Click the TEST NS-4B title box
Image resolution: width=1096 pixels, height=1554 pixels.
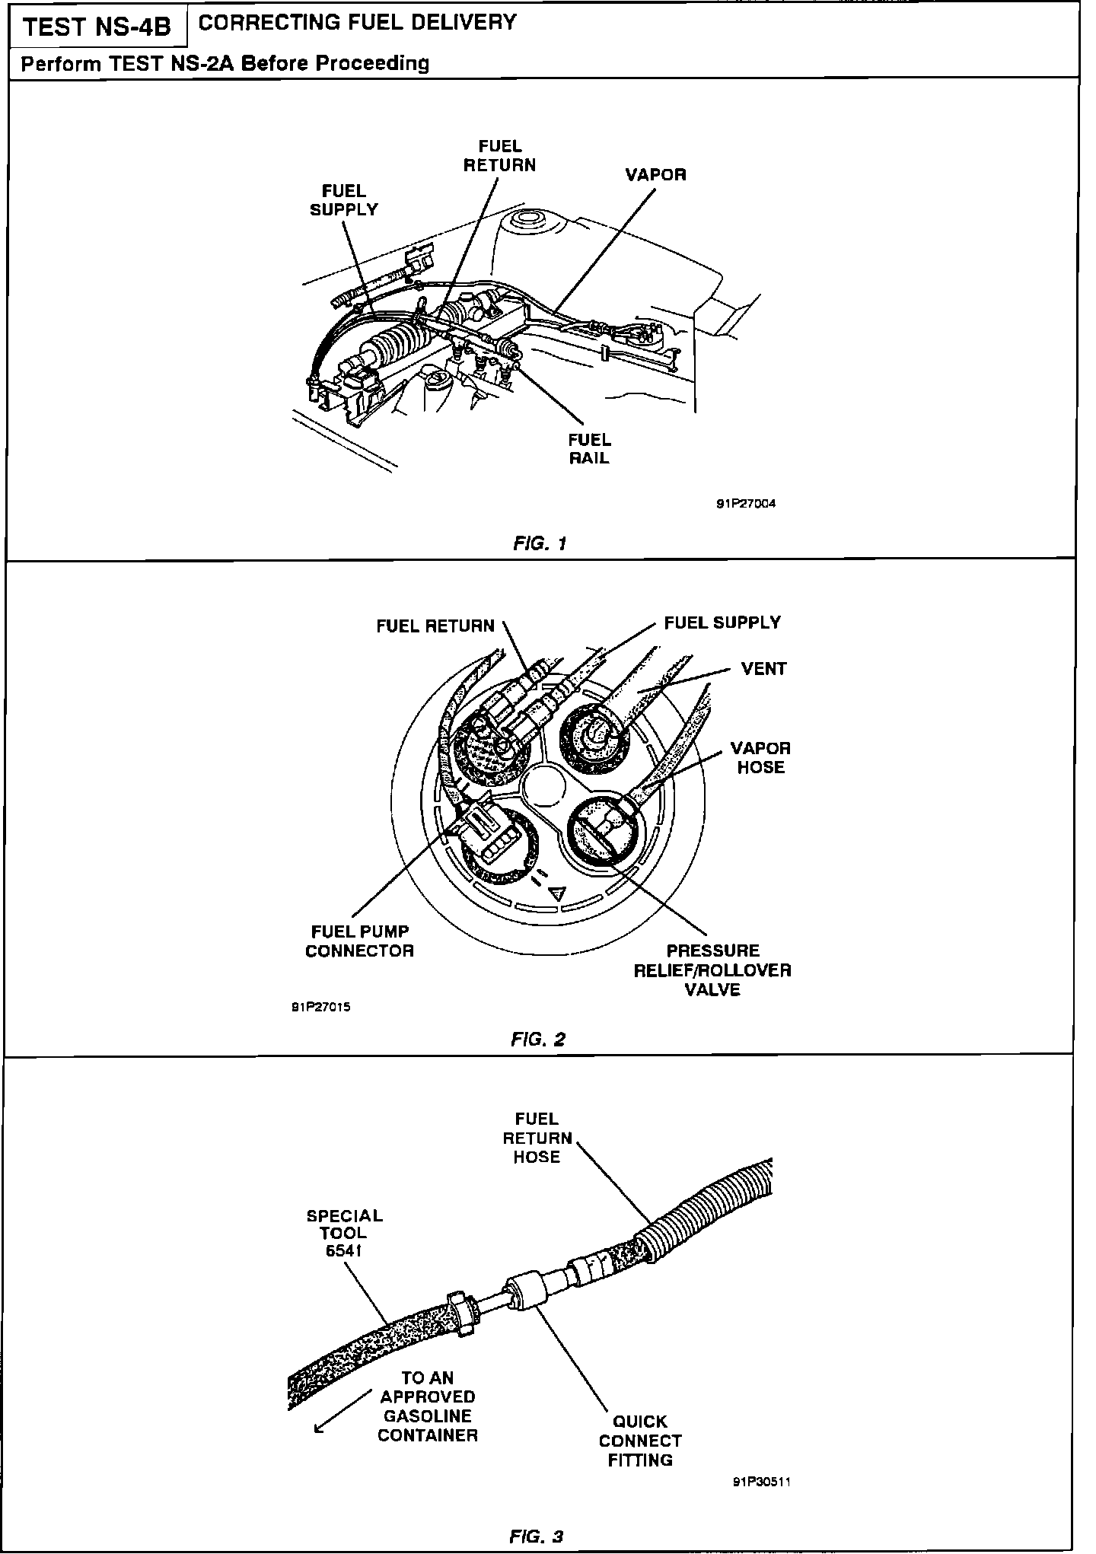pyautogui.click(x=97, y=27)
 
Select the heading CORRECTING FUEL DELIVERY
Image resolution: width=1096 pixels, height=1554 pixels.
pyautogui.click(x=357, y=23)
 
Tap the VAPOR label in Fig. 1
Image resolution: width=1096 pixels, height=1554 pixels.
pyautogui.click(x=655, y=175)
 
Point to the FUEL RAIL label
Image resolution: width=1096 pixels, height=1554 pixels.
pyautogui.click(x=589, y=449)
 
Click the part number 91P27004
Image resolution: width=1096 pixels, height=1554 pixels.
pyautogui.click(x=745, y=504)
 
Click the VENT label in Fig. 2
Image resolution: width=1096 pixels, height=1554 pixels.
pyautogui.click(x=763, y=669)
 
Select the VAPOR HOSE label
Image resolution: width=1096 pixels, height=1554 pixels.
pyautogui.click(x=760, y=758)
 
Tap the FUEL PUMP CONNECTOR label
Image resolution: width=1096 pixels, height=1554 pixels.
pyautogui.click(x=359, y=941)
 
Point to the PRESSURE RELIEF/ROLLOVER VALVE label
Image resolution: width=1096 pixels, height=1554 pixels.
pyautogui.click(x=712, y=970)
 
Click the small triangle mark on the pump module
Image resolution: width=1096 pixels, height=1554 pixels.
pyautogui.click(x=558, y=893)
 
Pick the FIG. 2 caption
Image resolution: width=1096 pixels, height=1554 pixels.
pyautogui.click(x=538, y=1040)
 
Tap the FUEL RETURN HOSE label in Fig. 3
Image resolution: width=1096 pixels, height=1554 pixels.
pyautogui.click(x=537, y=1138)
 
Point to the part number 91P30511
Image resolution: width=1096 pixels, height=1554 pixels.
pyautogui.click(x=762, y=1482)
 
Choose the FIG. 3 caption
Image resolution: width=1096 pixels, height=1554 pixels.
pyautogui.click(x=536, y=1536)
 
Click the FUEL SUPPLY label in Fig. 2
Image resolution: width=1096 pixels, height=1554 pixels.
pyautogui.click(x=722, y=623)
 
